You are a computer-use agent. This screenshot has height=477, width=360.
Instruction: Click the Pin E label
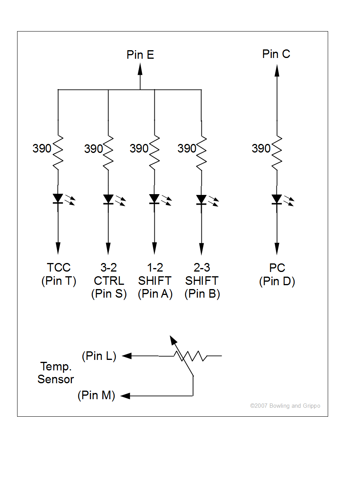[x=140, y=54]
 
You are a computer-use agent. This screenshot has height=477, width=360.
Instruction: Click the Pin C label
[x=276, y=54]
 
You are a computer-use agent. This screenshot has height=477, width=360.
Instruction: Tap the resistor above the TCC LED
[x=58, y=153]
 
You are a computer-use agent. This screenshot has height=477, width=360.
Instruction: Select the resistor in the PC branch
[x=277, y=153]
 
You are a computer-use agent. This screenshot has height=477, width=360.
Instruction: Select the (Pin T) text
[x=59, y=281]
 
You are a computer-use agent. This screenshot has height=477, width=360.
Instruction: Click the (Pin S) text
[x=109, y=294]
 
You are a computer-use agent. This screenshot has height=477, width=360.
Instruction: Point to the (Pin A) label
[x=155, y=294]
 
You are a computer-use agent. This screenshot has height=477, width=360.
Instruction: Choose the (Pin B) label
[x=202, y=294]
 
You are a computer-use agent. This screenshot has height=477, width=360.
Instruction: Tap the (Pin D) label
[x=277, y=281]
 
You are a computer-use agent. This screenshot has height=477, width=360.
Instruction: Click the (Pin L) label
[x=99, y=356]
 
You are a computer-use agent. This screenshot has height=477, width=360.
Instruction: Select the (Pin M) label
[x=96, y=395]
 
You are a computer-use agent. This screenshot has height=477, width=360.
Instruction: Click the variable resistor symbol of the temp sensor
[x=190, y=356]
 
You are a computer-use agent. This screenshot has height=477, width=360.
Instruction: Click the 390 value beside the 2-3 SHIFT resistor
[x=187, y=148]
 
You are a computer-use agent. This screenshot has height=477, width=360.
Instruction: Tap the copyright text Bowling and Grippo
[x=285, y=406]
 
